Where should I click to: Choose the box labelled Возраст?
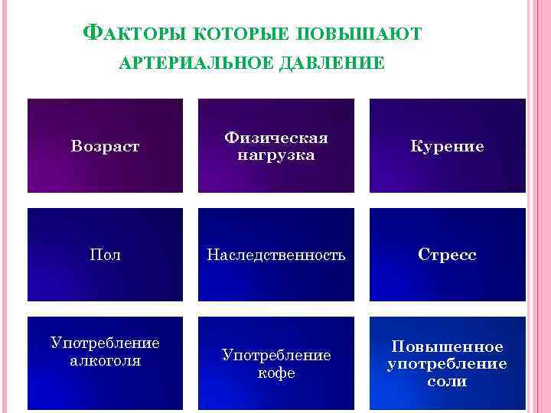click(x=106, y=145)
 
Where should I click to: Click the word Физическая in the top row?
click(x=276, y=138)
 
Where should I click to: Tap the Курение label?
click(x=447, y=146)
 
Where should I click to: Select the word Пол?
click(x=106, y=255)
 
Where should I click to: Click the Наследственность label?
click(x=276, y=255)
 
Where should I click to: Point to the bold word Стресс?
click(x=447, y=255)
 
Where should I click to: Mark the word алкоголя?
click(x=106, y=360)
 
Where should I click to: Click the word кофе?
click(x=276, y=373)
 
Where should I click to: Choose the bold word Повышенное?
click(x=447, y=346)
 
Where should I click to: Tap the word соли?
click(x=447, y=381)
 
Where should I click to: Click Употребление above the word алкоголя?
click(x=106, y=343)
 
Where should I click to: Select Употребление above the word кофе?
click(x=276, y=356)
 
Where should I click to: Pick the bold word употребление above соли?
click(x=447, y=363)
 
